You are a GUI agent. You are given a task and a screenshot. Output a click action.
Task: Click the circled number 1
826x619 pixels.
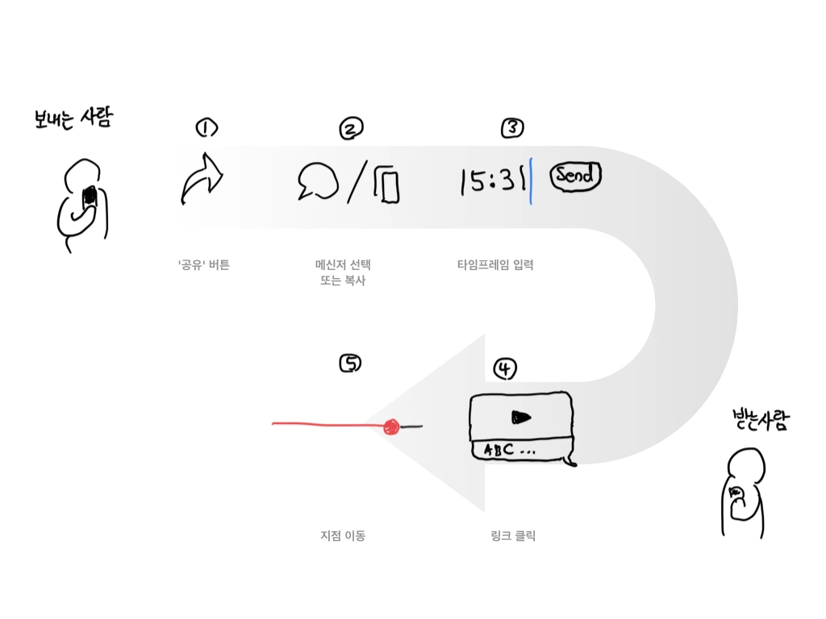206,128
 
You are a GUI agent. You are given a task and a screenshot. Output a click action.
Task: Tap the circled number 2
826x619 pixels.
352,128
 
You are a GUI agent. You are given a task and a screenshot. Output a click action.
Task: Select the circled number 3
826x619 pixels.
512,127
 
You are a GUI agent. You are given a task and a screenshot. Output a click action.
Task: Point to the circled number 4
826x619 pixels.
505,368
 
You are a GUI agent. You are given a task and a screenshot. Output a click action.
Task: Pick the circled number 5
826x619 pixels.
350,364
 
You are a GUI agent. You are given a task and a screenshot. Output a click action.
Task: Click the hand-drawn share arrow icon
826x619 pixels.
202,179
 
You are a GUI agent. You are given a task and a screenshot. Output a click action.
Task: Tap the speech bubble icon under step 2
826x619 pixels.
318,181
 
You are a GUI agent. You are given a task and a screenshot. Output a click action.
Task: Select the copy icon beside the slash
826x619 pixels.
387,185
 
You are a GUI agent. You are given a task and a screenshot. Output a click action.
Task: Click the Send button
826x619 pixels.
575,175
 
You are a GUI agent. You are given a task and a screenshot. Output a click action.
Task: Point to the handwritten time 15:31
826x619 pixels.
493,181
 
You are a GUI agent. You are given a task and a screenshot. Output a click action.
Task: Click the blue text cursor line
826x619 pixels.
531,181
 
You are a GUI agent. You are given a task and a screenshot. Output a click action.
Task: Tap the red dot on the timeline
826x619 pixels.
391,427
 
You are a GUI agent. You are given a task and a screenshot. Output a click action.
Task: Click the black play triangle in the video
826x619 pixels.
521,418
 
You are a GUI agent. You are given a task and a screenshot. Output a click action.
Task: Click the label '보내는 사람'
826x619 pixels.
73,118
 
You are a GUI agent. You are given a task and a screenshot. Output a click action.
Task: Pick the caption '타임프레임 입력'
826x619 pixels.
495,264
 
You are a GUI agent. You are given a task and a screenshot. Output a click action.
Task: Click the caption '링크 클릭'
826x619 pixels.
513,536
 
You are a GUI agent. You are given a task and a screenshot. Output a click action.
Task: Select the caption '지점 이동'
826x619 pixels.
343,536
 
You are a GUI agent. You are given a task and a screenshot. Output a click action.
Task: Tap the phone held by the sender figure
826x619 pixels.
90,197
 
